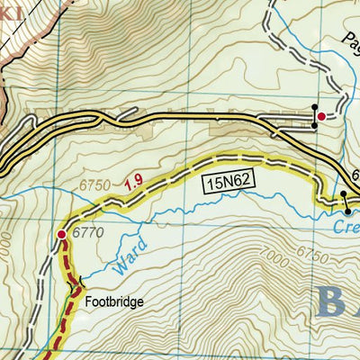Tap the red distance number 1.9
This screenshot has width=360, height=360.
click(134, 182)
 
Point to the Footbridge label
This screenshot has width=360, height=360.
click(114, 303)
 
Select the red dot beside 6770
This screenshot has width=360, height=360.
click(61, 235)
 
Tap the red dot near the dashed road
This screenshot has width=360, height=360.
click(321, 115)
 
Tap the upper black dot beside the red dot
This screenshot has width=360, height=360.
click(314, 109)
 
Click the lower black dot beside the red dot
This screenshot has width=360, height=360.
click(314, 125)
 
